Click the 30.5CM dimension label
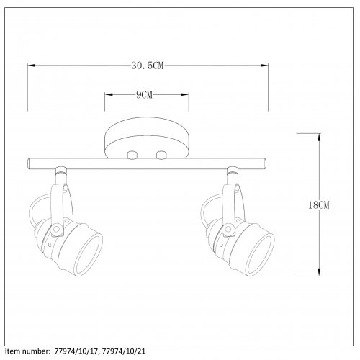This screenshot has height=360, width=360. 148,66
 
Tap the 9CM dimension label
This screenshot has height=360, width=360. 146,95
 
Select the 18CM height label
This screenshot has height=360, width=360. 317,205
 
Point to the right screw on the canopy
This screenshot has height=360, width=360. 161,155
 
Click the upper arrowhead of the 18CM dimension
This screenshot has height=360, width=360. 318,135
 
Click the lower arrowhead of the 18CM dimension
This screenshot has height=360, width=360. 318,274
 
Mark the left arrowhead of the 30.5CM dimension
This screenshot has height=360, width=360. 30,66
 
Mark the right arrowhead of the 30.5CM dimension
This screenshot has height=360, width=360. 266,66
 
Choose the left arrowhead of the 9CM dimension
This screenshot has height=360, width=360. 107,95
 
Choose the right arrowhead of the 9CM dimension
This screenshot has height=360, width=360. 186,95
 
